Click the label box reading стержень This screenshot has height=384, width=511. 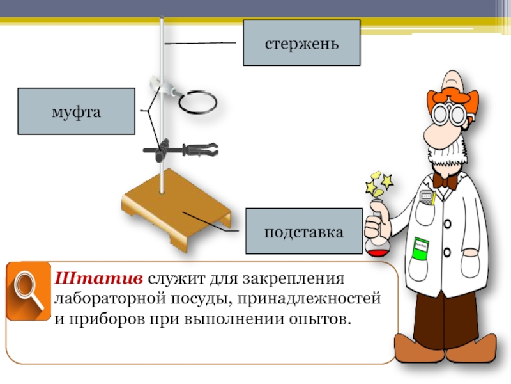(301, 43)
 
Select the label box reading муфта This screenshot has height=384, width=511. (77, 111)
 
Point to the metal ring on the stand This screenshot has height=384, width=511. (198, 101)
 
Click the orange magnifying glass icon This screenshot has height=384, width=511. (28, 291)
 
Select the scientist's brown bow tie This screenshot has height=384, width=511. (445, 181)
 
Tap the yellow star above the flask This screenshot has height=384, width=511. (372, 188)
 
